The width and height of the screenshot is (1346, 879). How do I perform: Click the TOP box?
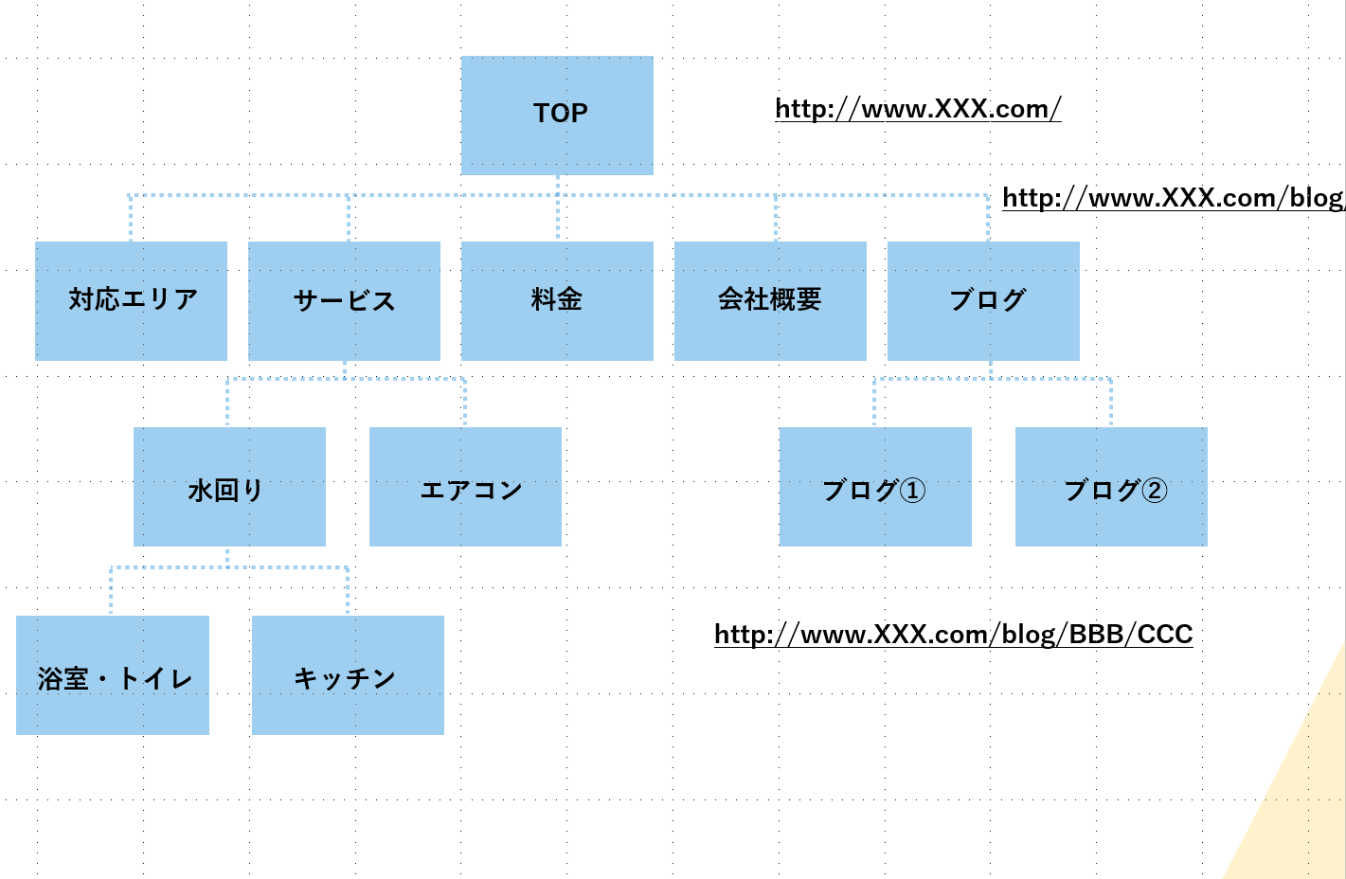557,115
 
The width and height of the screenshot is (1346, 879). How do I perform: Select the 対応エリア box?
131,300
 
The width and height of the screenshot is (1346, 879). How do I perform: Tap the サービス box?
344,300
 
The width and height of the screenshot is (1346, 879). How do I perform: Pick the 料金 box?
557,300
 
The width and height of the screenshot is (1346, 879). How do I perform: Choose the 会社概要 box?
770,300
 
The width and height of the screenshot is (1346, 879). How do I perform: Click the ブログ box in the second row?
983,300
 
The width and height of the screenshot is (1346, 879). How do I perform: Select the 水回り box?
229,487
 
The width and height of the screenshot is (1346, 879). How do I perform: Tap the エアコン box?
465,487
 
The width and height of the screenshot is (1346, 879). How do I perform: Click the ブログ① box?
875,487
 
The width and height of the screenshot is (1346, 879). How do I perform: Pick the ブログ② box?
1111,487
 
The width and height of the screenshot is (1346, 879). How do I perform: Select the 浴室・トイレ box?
113,675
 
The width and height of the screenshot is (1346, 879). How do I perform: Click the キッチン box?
348,675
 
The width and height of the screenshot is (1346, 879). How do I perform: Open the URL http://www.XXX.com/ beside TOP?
918,109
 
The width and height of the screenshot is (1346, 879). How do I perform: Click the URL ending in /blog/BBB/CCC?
953,634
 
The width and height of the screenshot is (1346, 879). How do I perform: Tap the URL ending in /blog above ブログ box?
1173,198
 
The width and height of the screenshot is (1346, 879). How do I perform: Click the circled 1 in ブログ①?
912,491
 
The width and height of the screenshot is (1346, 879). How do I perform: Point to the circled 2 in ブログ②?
1154,491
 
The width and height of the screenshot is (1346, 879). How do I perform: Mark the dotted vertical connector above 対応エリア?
130,218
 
